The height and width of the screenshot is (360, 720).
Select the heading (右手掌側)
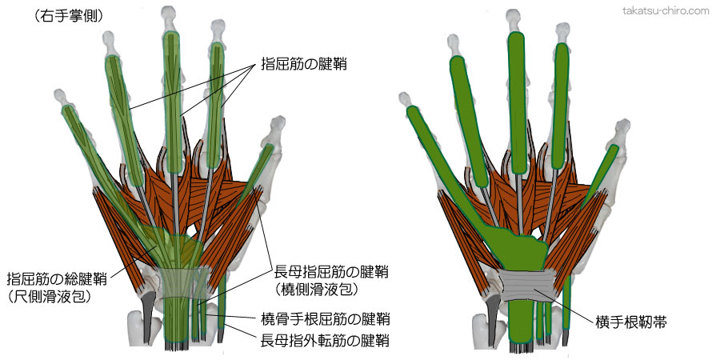point(69,15)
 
